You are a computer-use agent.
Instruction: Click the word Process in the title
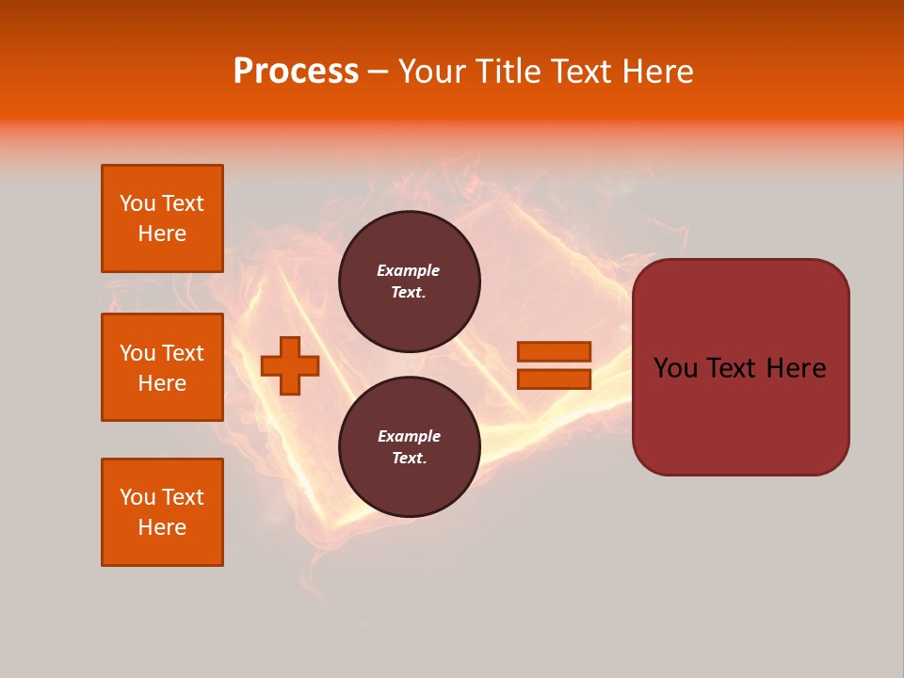[x=296, y=71]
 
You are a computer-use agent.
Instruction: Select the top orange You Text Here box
[x=162, y=218]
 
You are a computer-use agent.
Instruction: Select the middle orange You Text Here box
[x=162, y=367]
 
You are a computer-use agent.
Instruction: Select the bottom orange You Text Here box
[x=162, y=512]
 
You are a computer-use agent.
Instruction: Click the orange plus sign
[x=290, y=365]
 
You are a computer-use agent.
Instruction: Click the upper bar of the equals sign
[x=554, y=351]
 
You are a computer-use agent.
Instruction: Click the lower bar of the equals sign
[x=554, y=379]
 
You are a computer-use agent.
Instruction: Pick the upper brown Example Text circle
[x=410, y=281]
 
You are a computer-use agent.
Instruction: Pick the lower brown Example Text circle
[x=410, y=446]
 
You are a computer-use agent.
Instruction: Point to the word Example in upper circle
[x=408, y=270]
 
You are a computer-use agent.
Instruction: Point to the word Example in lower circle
[x=408, y=436]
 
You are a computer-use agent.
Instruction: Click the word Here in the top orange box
[x=162, y=234]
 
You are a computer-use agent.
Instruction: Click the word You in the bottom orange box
[x=137, y=497]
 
